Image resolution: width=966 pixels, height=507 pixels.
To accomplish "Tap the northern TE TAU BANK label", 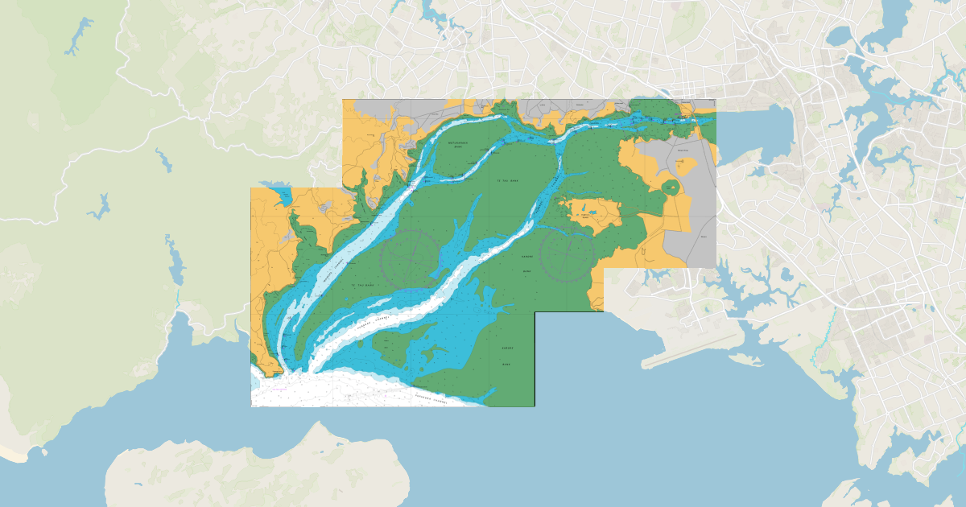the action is click(508, 182).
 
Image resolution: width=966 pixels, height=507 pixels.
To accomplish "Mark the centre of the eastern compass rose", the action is click(568, 254).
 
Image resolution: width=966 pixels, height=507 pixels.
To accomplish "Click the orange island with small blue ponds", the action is click(594, 213).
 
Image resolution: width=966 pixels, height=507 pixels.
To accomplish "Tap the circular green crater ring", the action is click(671, 188).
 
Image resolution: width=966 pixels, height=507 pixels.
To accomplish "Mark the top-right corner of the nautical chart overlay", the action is click(715, 100).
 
